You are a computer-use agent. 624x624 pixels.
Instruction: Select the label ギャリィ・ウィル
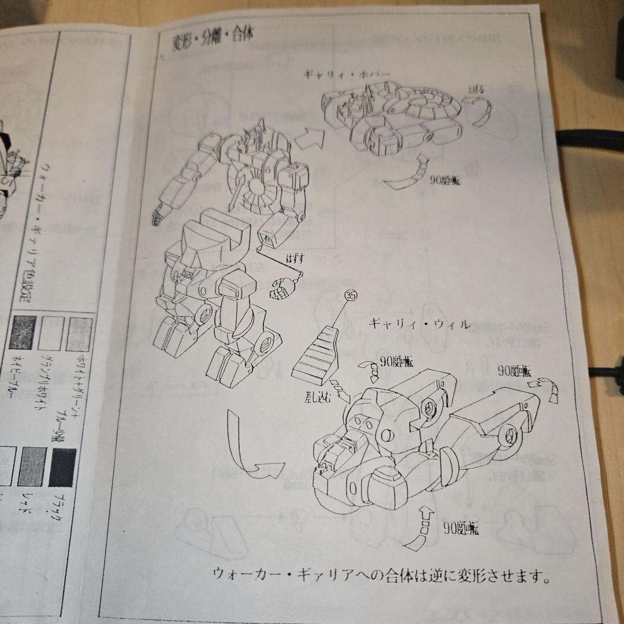coord(419,324)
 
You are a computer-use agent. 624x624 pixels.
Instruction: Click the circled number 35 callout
coord(350,295)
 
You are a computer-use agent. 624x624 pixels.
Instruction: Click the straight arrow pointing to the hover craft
coord(308,136)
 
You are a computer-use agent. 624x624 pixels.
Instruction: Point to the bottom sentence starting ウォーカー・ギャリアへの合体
coord(381,575)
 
